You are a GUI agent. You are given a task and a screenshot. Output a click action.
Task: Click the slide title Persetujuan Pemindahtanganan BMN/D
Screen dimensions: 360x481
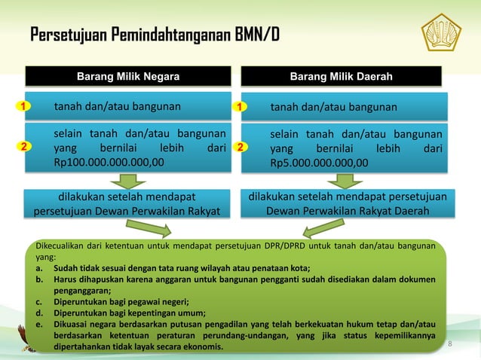point(155,35)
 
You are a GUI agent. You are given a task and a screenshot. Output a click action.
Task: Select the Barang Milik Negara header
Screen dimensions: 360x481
point(128,77)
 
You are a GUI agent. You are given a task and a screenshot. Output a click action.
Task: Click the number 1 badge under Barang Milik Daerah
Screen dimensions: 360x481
point(239,107)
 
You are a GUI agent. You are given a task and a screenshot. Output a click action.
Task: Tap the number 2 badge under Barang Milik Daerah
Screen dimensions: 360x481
point(239,148)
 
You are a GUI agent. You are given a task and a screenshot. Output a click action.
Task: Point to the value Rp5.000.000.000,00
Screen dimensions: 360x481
point(320,162)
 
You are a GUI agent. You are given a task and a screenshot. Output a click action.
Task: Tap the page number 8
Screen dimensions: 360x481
point(450,343)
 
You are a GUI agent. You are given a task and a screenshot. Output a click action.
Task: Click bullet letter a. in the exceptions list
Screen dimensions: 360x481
point(38,267)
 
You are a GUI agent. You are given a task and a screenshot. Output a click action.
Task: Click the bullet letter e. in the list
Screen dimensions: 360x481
point(38,325)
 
